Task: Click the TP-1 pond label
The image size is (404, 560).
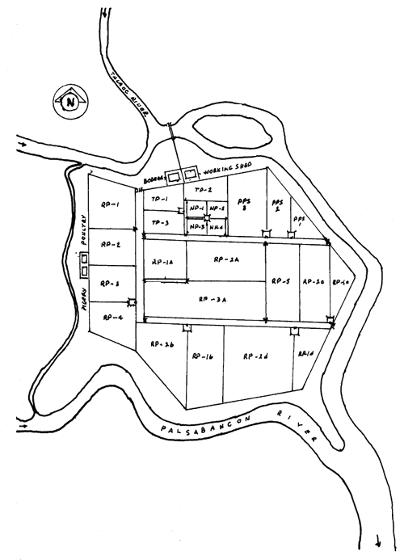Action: point(158,200)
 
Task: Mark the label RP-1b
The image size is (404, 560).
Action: point(202,356)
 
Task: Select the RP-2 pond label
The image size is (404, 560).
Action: point(112,244)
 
